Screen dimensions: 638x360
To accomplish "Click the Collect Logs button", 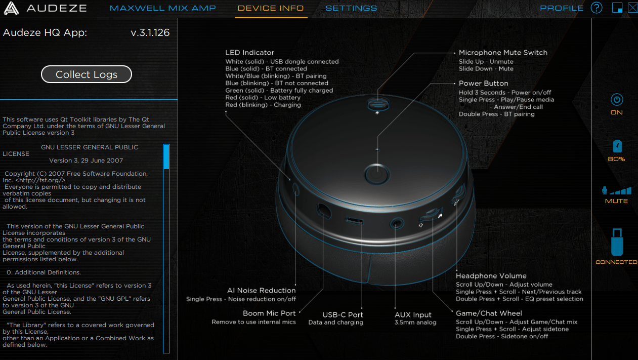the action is [x=87, y=74].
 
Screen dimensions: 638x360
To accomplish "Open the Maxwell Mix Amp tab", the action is [x=162, y=8].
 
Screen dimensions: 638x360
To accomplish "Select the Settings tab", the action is [x=351, y=8].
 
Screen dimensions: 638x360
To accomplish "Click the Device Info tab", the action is [x=271, y=8].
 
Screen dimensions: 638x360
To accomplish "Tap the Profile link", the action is [x=562, y=8].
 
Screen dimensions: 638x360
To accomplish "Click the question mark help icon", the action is [x=597, y=8].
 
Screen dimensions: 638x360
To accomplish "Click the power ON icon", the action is [x=617, y=99].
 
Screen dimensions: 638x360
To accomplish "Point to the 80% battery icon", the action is [x=617, y=146].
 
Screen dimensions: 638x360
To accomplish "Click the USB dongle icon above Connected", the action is [x=617, y=243].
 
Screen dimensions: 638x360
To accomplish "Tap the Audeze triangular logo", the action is [x=11, y=8].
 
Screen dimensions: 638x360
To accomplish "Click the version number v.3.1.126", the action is [x=150, y=32].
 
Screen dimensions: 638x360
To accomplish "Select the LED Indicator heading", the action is [x=249, y=53].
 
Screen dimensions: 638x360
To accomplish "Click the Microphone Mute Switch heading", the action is [x=503, y=53].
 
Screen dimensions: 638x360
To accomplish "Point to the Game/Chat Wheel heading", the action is [x=489, y=313].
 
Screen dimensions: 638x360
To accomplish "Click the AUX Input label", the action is [x=413, y=314].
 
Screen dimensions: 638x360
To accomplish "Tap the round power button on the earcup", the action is [x=377, y=174].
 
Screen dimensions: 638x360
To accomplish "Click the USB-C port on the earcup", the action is [x=354, y=221].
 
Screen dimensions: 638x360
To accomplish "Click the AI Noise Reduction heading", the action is [x=261, y=291].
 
